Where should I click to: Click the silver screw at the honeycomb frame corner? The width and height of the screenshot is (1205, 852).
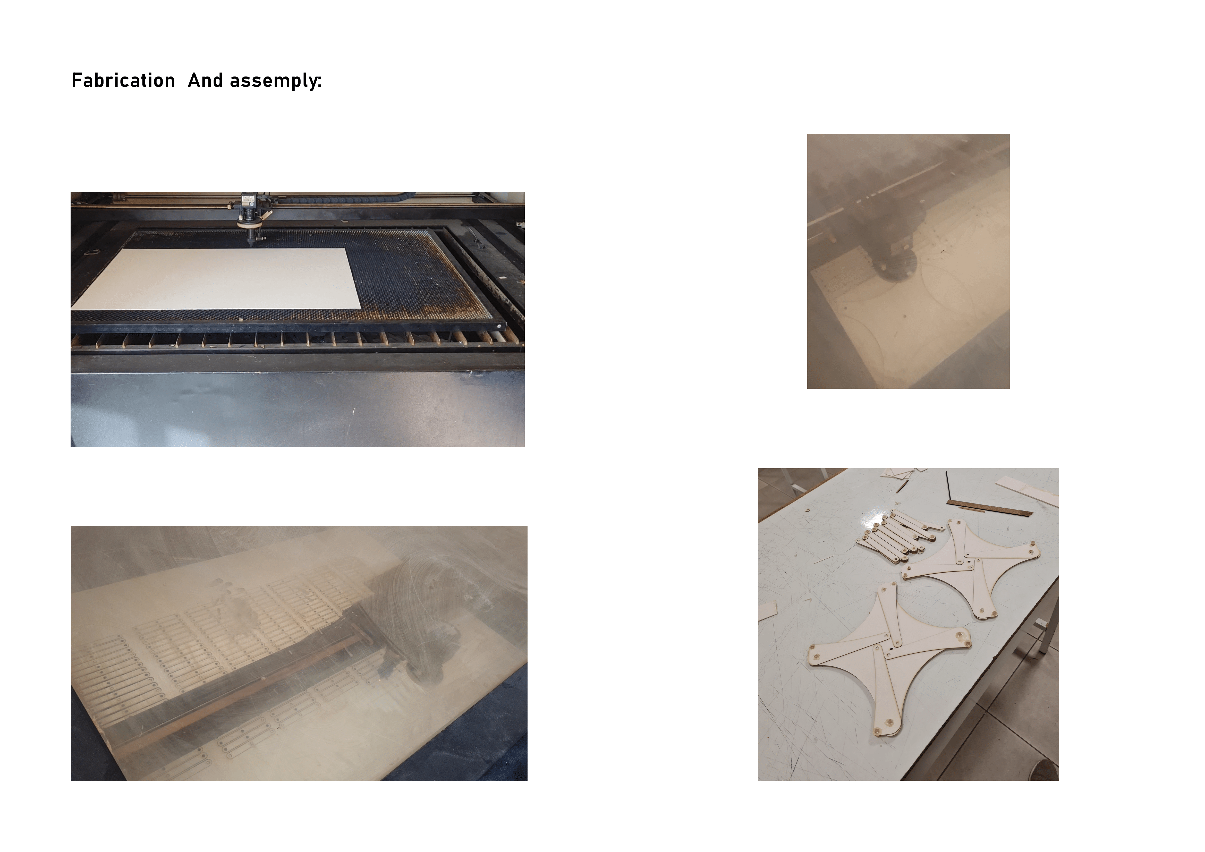pyautogui.click(x=499, y=326)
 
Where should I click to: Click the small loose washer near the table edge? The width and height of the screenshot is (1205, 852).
pyautogui.click(x=807, y=509)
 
